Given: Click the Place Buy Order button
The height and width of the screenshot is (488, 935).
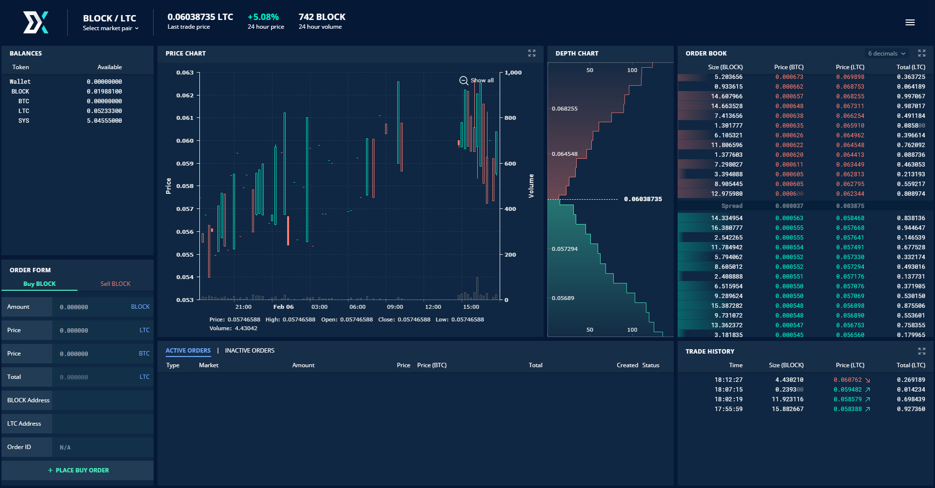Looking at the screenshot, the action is pyautogui.click(x=78, y=470).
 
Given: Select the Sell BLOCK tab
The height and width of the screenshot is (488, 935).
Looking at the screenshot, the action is pyautogui.click(x=116, y=284).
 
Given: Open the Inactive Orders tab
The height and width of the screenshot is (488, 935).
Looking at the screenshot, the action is pyautogui.click(x=250, y=351).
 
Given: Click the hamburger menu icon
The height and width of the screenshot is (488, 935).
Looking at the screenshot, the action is pyautogui.click(x=910, y=22).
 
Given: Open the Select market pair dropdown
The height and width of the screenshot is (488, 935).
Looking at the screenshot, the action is pyautogui.click(x=111, y=28).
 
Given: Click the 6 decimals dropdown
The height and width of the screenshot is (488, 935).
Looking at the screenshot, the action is pyautogui.click(x=887, y=54).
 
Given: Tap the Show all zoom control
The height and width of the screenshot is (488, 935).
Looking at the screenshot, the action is pyautogui.click(x=477, y=80).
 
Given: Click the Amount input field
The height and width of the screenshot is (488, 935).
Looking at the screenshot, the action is pyautogui.click(x=102, y=307).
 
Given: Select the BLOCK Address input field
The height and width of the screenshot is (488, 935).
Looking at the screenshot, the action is pyautogui.click(x=102, y=400).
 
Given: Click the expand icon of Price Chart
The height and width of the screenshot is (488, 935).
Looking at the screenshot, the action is pyautogui.click(x=532, y=53).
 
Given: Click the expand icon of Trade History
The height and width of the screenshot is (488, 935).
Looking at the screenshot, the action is pyautogui.click(x=922, y=351).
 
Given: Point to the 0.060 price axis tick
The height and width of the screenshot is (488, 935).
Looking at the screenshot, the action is pyautogui.click(x=185, y=141).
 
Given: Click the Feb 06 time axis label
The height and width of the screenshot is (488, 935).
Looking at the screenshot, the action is pyautogui.click(x=283, y=307).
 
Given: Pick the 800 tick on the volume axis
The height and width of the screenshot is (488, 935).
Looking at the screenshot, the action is pyautogui.click(x=510, y=118).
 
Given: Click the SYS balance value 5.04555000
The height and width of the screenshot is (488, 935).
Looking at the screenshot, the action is pyautogui.click(x=104, y=121).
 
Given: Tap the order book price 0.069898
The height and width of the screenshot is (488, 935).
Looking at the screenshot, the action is pyautogui.click(x=850, y=77).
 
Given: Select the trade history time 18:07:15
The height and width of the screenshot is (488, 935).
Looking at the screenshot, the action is pyautogui.click(x=729, y=390).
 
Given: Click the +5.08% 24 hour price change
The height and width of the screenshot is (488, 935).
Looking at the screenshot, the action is pyautogui.click(x=263, y=17).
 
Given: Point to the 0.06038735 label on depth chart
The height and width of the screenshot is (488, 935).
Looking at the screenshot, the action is pyautogui.click(x=643, y=199).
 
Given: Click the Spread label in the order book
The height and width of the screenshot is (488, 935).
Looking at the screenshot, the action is pyautogui.click(x=732, y=206).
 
